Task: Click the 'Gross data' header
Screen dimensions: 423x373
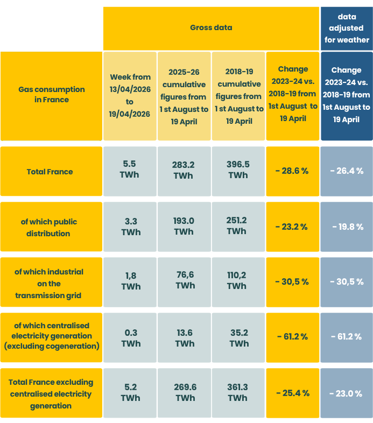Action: pyautogui.click(x=211, y=27)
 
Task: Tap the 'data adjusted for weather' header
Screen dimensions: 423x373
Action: pyautogui.click(x=347, y=29)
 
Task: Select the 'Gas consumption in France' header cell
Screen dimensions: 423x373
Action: pyautogui.click(x=51, y=95)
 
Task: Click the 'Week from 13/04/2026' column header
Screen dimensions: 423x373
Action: pyautogui.click(x=130, y=95)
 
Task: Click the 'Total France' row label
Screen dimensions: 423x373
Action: pyautogui.click(x=51, y=172)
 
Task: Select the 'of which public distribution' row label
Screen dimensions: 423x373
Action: pyautogui.click(x=51, y=227)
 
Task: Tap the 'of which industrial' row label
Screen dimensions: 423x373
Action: pyautogui.click(x=51, y=283)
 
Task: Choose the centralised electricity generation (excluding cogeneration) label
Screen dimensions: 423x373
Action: pyautogui.click(x=51, y=336)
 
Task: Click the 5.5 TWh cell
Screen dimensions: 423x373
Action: pyautogui.click(x=130, y=170)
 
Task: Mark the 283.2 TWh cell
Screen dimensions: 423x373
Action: pyautogui.click(x=184, y=170)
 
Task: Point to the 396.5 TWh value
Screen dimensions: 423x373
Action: pyautogui.click(x=238, y=170)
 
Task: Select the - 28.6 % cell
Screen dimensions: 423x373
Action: pyautogui.click(x=292, y=171)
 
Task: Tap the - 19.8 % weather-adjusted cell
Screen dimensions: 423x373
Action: pyautogui.click(x=347, y=227)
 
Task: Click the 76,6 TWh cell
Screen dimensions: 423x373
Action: pyautogui.click(x=184, y=280)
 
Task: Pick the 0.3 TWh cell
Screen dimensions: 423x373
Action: pyautogui.click(x=130, y=338)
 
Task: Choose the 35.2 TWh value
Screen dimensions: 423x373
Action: pyautogui.click(x=238, y=338)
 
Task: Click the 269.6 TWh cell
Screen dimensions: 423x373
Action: pyautogui.click(x=184, y=392)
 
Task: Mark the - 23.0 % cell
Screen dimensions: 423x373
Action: pyautogui.click(x=347, y=393)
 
